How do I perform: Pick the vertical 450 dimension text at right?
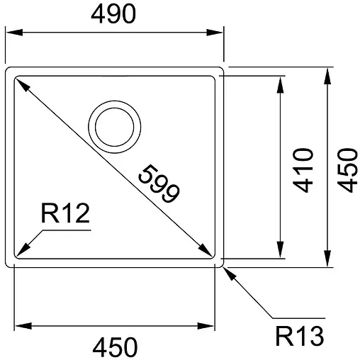[x=345, y=170]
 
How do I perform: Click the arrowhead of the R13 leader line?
[x=226, y=270]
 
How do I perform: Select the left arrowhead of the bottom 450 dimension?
[x=19, y=325]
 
